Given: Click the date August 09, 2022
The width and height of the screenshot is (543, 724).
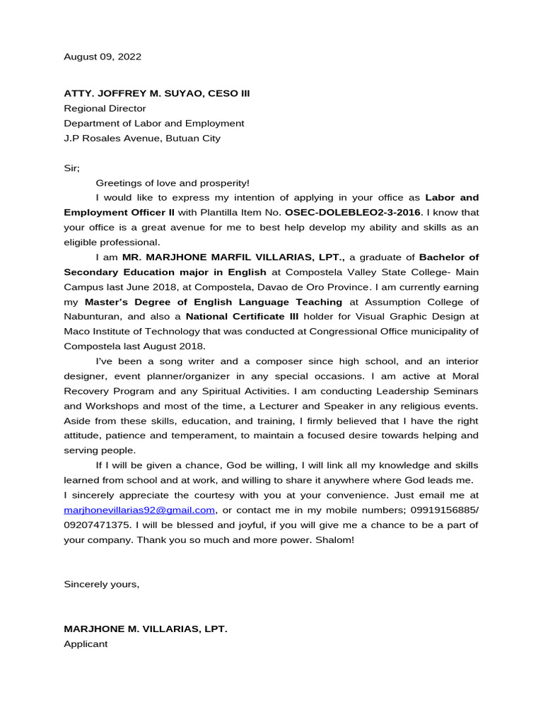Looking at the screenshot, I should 103,57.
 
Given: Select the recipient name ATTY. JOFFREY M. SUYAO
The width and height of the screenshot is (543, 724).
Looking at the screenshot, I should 141,93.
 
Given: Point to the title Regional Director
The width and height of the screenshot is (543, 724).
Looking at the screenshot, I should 105,108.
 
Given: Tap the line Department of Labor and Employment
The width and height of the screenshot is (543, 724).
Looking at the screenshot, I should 153,123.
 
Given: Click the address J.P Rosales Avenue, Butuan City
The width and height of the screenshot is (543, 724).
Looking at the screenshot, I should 141,138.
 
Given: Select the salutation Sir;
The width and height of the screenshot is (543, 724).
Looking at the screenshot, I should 72,168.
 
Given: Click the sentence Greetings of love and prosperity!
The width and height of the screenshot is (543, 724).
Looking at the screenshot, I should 173,182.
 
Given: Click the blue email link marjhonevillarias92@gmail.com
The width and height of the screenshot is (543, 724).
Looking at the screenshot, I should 139,510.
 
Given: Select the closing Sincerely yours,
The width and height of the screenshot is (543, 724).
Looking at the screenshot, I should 102,584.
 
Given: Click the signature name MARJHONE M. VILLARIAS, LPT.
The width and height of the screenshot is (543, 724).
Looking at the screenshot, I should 146,629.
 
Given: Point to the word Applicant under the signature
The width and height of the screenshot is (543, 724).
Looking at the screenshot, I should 86,643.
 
